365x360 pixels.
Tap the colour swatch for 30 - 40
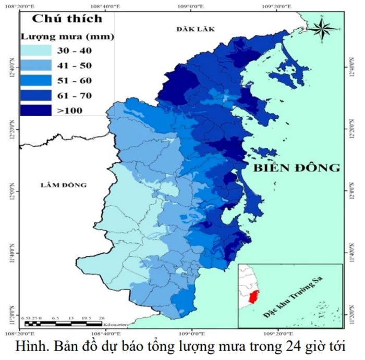click(36, 51)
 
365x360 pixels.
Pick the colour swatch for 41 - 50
click(36, 66)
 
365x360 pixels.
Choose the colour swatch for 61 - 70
click(36, 95)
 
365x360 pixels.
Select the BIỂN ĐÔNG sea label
click(296, 168)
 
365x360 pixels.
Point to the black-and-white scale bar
click(71, 324)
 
